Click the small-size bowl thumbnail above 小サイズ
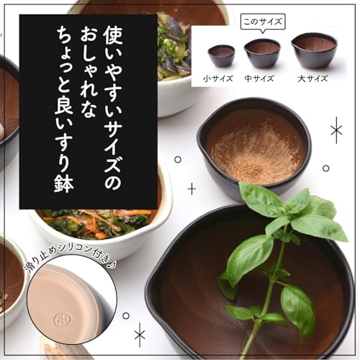[221, 56]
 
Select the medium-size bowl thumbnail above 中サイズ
[261, 53]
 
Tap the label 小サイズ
[218, 78]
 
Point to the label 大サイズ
[314, 78]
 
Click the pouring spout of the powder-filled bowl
[202, 139]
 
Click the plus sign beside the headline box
[192, 189]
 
